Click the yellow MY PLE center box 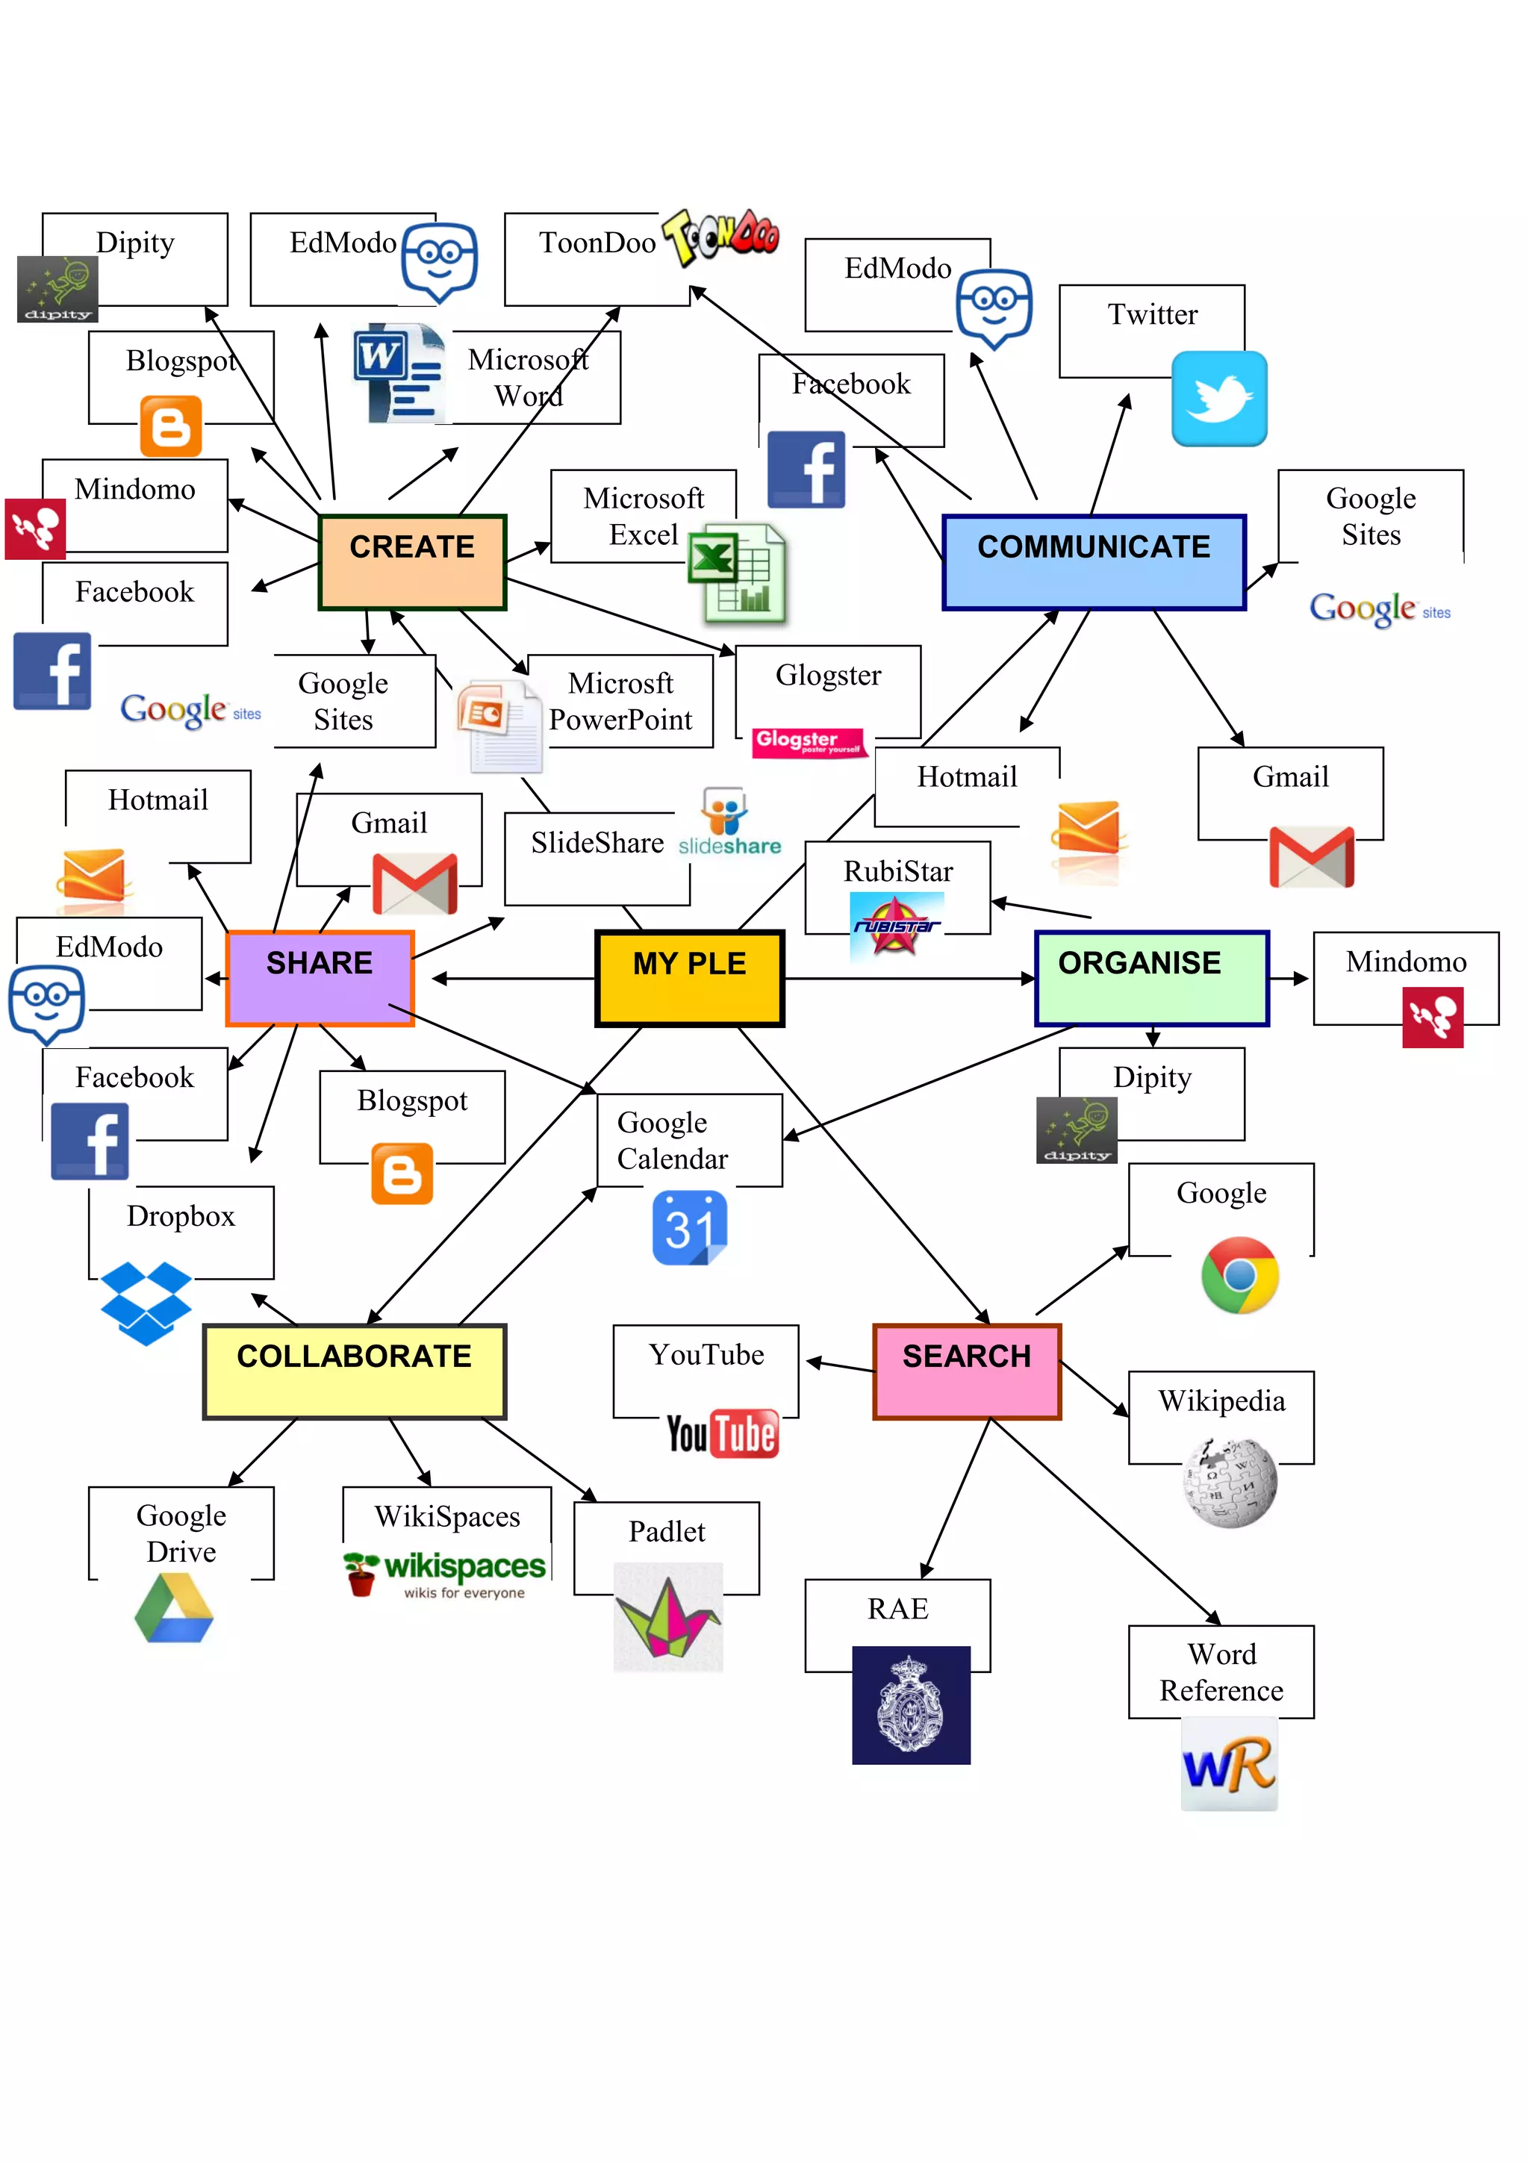tap(689, 977)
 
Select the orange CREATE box tap(412, 562)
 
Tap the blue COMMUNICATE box tap(1093, 562)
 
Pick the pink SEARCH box tap(967, 1370)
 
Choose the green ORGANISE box tap(1151, 977)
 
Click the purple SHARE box tap(320, 977)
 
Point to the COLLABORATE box tap(354, 1370)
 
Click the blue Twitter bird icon tap(1219, 399)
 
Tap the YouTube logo tap(722, 1433)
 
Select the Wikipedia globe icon tap(1230, 1482)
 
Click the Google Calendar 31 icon tap(689, 1227)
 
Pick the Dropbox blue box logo tap(146, 1302)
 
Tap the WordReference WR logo tap(1229, 1763)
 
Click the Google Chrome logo tap(1240, 1275)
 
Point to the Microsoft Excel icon tap(737, 573)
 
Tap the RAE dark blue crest tap(910, 1704)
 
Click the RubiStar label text tap(897, 871)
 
